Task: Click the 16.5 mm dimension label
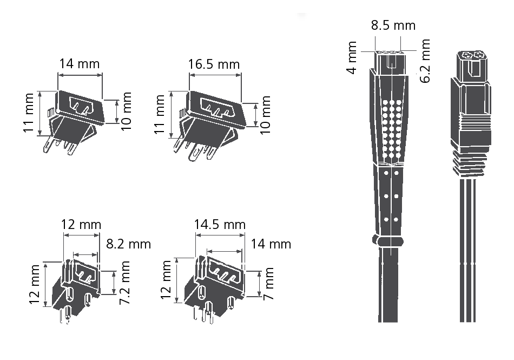(x=214, y=64)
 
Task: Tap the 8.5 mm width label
(x=393, y=25)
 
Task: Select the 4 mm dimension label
(x=352, y=57)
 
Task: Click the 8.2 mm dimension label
(x=128, y=244)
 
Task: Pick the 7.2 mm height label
(x=125, y=282)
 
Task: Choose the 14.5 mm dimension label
(x=220, y=224)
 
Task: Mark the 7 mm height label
(x=268, y=284)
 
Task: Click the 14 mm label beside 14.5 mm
(x=271, y=244)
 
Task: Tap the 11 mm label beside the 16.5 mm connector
(x=160, y=115)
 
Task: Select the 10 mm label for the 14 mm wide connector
(x=126, y=112)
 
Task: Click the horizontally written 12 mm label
(x=81, y=224)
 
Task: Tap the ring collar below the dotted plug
(x=388, y=241)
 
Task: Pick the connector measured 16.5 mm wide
(x=211, y=122)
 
